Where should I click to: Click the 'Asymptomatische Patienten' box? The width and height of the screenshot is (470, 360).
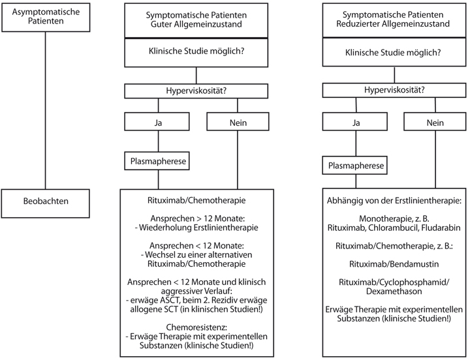tap(46, 18)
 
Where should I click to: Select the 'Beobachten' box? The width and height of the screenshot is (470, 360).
tap(46, 203)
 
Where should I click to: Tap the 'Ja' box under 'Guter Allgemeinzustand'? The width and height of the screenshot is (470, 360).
tap(157, 121)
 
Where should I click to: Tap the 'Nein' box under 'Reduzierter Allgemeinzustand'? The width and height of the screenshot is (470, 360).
tap(435, 121)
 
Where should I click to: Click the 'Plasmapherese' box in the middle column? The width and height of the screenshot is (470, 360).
tap(157, 161)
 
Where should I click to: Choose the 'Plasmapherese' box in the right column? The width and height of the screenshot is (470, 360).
tap(355, 165)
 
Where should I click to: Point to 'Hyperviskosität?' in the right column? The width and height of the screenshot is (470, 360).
tap(394, 90)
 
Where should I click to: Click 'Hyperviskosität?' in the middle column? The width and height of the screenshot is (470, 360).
tap(196, 91)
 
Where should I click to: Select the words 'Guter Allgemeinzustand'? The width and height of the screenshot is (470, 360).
tap(196, 24)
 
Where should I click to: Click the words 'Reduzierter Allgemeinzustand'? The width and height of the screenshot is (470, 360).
tap(393, 23)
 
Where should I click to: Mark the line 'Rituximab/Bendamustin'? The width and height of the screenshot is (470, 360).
tap(394, 264)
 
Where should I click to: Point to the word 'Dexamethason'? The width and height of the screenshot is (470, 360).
tap(394, 292)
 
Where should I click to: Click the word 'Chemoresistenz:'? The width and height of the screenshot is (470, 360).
tap(196, 327)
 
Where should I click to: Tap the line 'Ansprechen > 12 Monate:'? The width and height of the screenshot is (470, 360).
tap(196, 218)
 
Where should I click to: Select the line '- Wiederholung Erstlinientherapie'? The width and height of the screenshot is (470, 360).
tap(196, 228)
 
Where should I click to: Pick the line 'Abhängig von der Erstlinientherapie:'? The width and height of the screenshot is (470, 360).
tap(394, 201)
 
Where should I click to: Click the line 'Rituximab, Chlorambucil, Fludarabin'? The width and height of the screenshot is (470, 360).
tap(394, 228)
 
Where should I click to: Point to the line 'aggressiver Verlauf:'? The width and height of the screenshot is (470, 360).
tap(196, 291)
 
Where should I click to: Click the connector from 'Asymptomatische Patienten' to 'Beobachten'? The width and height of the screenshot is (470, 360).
tap(46, 110)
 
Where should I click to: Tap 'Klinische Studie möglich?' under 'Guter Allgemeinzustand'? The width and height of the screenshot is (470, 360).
tap(196, 52)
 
